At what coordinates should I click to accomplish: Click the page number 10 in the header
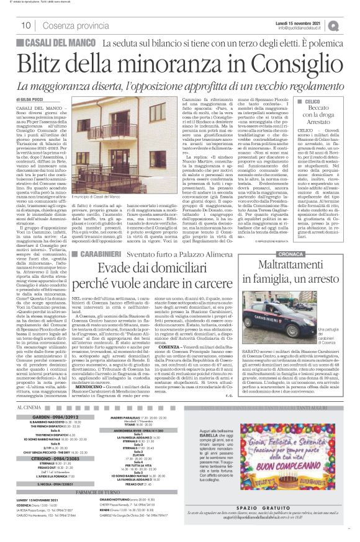click(x=26, y=25)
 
